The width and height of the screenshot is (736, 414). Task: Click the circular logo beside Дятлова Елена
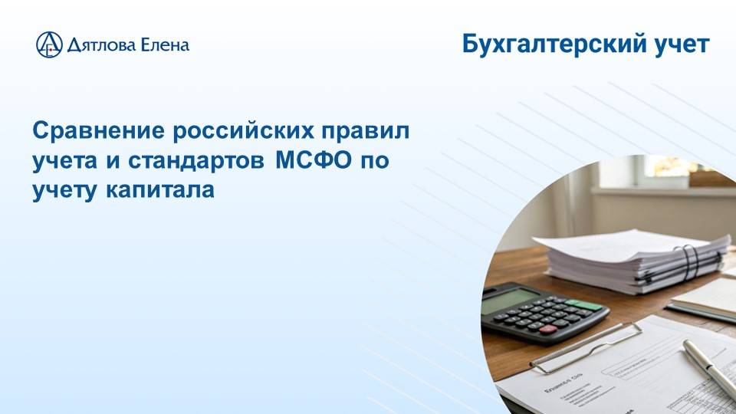pyautogui.click(x=49, y=44)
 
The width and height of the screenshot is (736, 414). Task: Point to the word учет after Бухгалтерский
pyautogui.click(x=678, y=45)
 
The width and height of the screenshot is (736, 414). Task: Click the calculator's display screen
pyautogui.click(x=511, y=299)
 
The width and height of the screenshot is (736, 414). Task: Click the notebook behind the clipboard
pyautogui.click(x=705, y=299)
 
